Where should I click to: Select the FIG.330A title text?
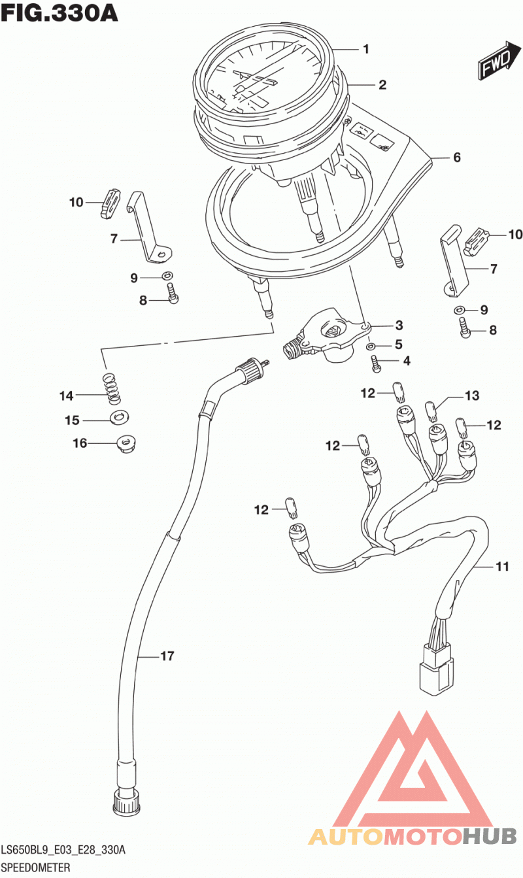tap(59, 13)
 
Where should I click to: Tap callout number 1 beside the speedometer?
tap(366, 49)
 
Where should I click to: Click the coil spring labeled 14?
tap(112, 389)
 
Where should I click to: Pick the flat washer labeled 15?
tap(120, 417)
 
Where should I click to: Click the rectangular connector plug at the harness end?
tap(436, 675)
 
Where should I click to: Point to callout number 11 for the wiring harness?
tap(502, 566)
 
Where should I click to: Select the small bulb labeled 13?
tap(430, 411)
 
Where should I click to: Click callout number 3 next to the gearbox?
tap(399, 325)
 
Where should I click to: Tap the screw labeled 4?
tap(376, 363)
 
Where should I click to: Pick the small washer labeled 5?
tap(371, 346)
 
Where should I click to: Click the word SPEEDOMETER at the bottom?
tap(36, 867)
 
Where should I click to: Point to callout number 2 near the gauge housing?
tap(382, 85)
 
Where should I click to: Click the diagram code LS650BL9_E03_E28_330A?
tap(63, 850)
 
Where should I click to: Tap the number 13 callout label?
tap(472, 396)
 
